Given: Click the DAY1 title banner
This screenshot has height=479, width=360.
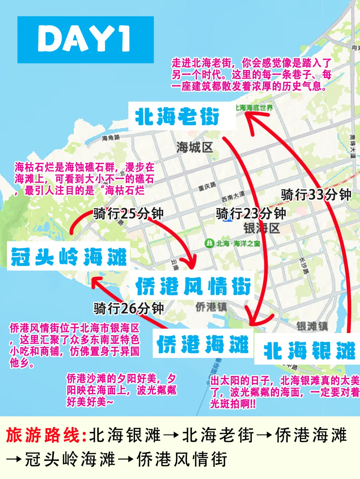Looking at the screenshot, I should (x=85, y=40).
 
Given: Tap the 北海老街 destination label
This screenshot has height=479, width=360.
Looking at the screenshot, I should (x=178, y=116).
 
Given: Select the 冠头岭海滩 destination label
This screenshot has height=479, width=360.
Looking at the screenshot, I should (x=68, y=257).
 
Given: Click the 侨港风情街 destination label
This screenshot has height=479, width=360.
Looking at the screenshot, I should (x=193, y=286).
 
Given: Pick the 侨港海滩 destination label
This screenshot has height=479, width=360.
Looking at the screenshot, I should (x=203, y=344).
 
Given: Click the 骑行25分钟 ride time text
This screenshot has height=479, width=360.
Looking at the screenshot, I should (x=128, y=214).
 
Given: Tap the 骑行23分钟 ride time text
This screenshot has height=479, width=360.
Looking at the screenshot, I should (x=251, y=214).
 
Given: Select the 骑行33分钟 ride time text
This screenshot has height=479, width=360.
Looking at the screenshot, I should (x=316, y=195).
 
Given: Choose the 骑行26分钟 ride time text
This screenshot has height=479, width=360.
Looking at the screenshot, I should (x=128, y=308).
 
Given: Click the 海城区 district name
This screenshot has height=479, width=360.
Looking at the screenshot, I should (x=194, y=147).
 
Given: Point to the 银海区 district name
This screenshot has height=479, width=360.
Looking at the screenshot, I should (x=262, y=228).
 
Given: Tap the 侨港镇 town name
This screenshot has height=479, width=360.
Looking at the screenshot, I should (x=211, y=307).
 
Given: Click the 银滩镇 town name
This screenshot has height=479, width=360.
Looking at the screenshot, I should (x=312, y=326).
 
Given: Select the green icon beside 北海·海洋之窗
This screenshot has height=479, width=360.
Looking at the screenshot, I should (x=209, y=243).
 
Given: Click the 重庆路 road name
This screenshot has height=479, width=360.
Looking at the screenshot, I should (x=207, y=186).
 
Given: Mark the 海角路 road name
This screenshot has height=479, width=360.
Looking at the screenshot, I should (x=111, y=137).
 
